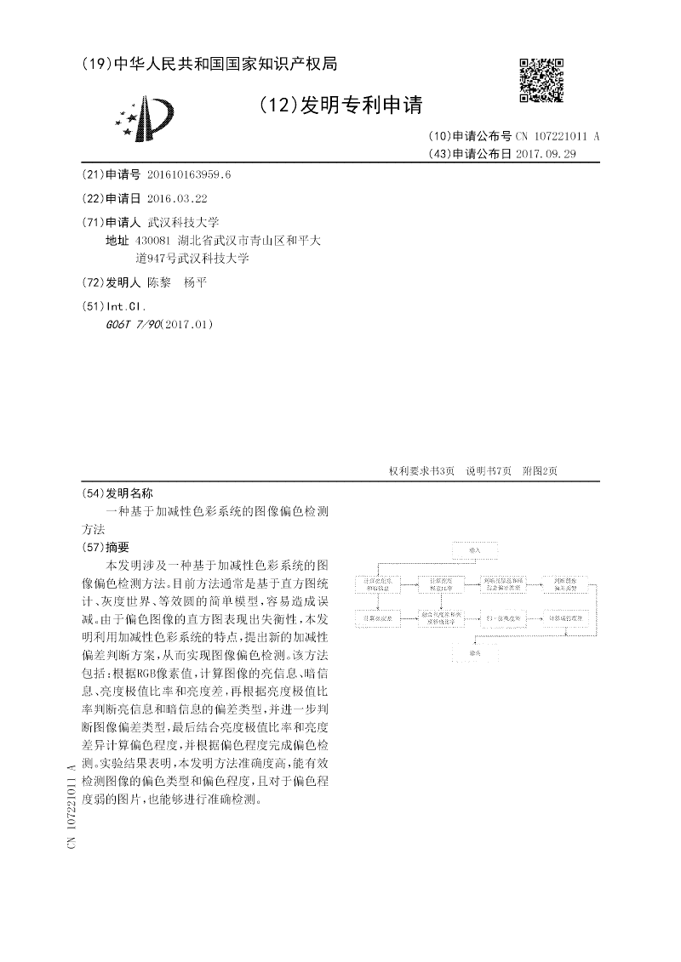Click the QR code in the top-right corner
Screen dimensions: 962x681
(x=541, y=81)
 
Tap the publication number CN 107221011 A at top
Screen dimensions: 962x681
(x=558, y=136)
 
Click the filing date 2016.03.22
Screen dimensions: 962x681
(x=177, y=198)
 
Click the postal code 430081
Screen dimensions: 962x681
(x=153, y=241)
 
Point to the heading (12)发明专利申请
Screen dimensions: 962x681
(x=340, y=105)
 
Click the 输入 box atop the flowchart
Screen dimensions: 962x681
(x=475, y=549)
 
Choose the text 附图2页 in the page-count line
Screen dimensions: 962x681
(x=540, y=471)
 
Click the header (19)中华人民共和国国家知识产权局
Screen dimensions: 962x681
(x=209, y=63)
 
